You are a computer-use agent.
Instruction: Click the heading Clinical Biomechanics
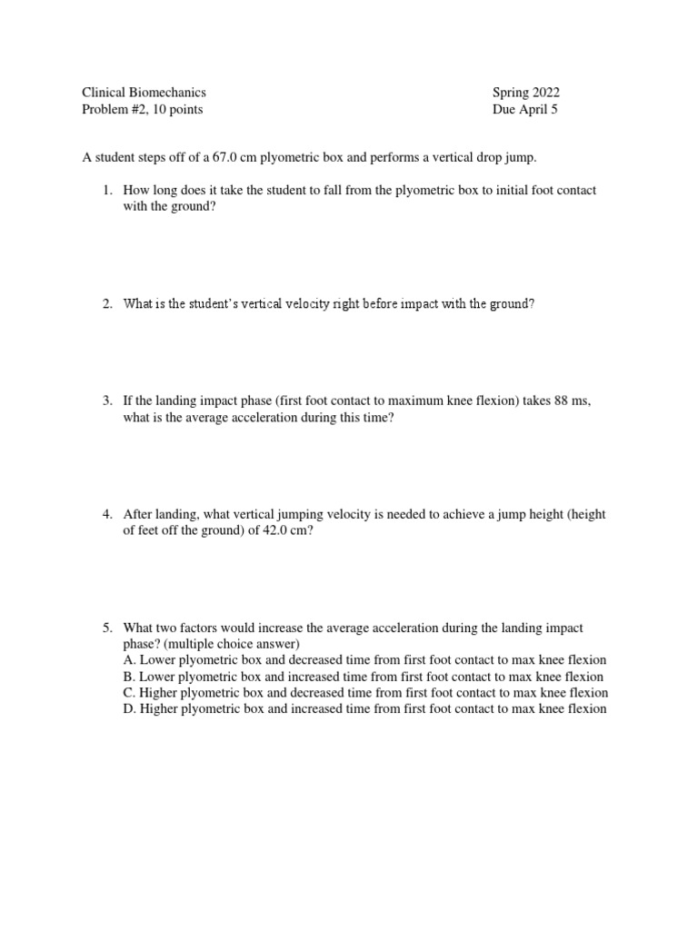click(145, 92)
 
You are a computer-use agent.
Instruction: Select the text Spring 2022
click(526, 92)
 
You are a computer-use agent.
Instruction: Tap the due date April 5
click(545, 110)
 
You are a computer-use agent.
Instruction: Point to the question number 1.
click(105, 190)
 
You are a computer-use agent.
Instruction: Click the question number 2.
click(105, 304)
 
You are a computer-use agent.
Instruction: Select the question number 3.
click(105, 401)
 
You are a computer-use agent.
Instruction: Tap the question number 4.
click(105, 514)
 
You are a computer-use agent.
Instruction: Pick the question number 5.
click(105, 628)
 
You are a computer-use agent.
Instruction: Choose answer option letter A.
click(128, 660)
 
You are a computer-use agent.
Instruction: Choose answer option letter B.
click(128, 677)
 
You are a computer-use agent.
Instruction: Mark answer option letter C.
click(128, 693)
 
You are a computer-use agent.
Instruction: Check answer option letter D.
click(128, 709)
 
